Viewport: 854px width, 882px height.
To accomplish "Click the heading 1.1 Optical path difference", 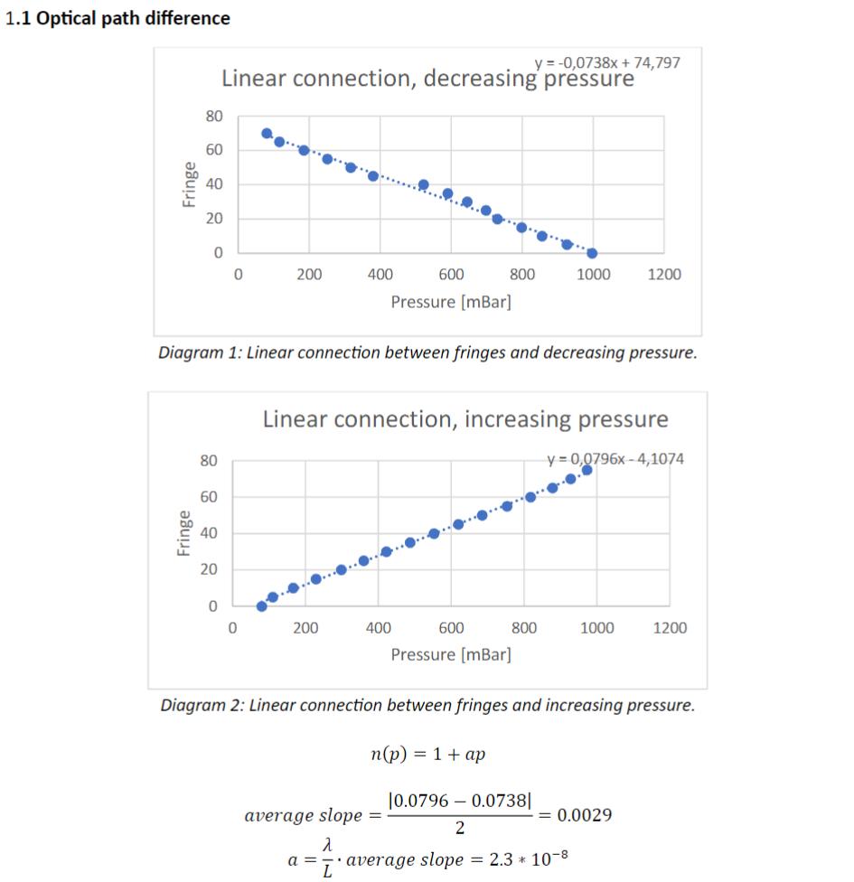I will pos(117,18).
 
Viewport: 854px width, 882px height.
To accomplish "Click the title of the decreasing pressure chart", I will pos(427,79).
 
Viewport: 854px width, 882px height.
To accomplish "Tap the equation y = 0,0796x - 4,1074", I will pos(615,459).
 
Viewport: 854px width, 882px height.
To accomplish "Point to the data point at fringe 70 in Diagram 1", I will pos(267,133).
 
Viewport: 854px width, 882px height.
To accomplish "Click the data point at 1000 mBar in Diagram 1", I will pos(592,253).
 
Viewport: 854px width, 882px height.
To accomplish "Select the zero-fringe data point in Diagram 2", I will pos(261,606).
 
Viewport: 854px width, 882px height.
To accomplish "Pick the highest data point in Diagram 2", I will pos(587,470).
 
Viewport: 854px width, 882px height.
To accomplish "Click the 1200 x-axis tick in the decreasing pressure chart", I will pos(664,274).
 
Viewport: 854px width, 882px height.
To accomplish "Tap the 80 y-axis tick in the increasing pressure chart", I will pos(209,461).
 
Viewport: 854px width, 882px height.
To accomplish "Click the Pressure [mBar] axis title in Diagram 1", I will pos(451,302).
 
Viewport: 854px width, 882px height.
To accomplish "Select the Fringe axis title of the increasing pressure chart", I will pos(183,532).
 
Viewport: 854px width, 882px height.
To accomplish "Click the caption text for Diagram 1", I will pos(427,352).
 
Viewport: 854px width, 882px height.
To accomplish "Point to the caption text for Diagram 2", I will pos(427,705).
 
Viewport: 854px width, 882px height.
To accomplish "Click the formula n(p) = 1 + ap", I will pos(427,755).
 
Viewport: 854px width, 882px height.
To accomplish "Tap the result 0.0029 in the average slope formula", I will pos(584,815).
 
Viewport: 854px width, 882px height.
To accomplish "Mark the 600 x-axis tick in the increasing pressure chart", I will pos(451,627).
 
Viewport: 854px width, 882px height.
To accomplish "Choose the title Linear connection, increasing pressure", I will pos(465,419).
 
